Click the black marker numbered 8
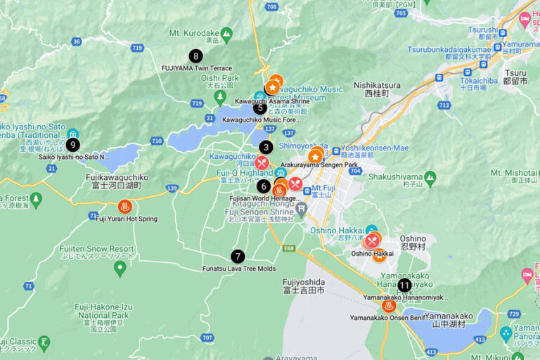tap(195, 56)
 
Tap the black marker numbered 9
tap(72, 144)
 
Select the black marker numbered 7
tap(238, 257)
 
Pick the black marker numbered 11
tap(404, 285)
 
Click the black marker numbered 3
tap(266, 147)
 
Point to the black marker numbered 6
tap(264, 186)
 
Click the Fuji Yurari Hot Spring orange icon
tap(124, 207)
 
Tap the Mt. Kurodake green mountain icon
tap(226, 33)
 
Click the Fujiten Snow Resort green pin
tap(120, 268)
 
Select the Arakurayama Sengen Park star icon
tap(316, 155)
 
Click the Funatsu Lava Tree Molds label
tap(239, 269)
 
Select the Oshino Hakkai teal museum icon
tap(372, 231)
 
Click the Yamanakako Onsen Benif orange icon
tap(388, 306)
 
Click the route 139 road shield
tap(172, 188)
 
